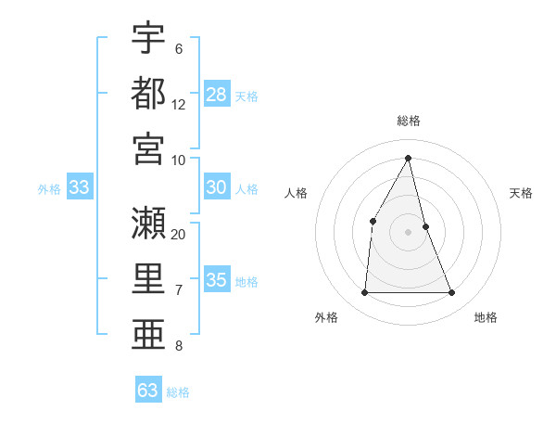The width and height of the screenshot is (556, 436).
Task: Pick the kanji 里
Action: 148,276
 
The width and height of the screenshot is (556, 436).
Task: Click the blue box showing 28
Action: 217,94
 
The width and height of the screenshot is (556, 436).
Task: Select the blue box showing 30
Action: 217,187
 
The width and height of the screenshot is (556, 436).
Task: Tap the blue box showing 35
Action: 217,280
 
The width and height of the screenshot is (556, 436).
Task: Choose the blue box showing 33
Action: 80,187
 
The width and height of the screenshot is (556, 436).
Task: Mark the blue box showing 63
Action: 148,390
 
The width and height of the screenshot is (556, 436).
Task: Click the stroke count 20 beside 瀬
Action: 179,234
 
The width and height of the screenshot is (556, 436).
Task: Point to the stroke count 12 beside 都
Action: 179,105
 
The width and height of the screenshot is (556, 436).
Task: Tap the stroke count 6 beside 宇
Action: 179,49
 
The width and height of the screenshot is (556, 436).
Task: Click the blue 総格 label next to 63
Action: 178,392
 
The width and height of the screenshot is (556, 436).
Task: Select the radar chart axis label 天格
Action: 522,193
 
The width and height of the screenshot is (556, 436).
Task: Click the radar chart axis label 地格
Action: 486,317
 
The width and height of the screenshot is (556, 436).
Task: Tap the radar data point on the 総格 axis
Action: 409,158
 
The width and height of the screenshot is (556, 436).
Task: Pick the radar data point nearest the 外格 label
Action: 364,293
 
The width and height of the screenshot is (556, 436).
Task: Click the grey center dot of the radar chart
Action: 408,231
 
